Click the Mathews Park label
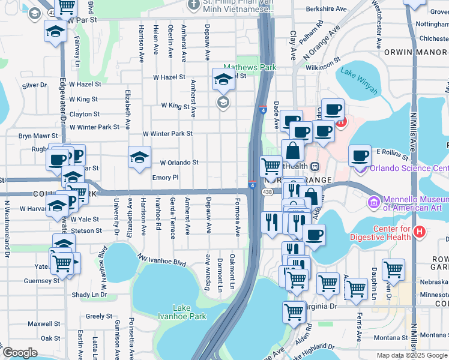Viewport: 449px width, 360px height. click(x=250, y=68)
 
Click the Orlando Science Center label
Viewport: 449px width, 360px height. click(x=408, y=168)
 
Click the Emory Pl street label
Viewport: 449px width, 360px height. click(x=166, y=178)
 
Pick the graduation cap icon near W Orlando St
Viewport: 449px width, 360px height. click(x=139, y=157)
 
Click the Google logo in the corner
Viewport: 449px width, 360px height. click(x=20, y=352)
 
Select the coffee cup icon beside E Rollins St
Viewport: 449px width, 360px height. click(x=360, y=156)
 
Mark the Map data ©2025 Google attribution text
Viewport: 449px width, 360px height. click(x=412, y=355)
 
